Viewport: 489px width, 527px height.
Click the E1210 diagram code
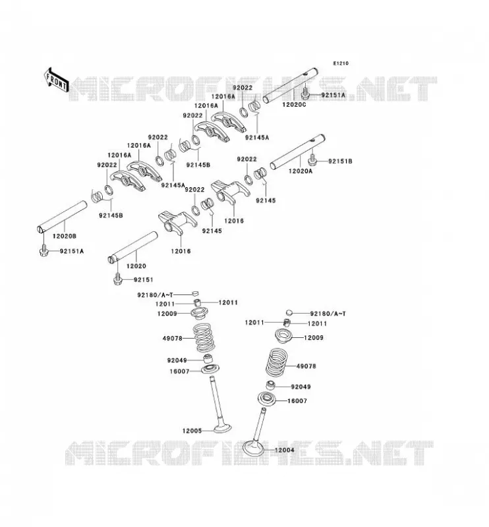point(341,63)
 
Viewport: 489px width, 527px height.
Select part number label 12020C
point(294,105)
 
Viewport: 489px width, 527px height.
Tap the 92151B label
point(340,161)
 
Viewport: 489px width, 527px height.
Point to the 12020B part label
point(64,236)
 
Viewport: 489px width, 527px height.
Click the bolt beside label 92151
point(117,279)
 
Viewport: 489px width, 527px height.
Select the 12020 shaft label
point(136,266)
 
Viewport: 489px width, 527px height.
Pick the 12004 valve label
point(285,450)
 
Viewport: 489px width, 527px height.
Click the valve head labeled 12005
point(222,429)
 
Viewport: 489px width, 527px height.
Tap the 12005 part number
point(192,431)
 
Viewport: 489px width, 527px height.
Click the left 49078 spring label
point(173,339)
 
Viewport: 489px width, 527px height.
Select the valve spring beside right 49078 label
point(277,362)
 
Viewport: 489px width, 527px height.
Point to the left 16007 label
point(179,372)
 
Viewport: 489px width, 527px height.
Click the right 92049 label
point(301,387)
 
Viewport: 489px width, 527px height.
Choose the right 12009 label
point(314,338)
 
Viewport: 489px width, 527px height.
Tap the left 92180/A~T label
point(155,295)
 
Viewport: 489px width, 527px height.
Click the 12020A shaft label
point(301,171)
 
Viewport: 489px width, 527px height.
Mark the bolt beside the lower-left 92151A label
point(43,251)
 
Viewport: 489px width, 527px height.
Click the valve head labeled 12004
point(254,449)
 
